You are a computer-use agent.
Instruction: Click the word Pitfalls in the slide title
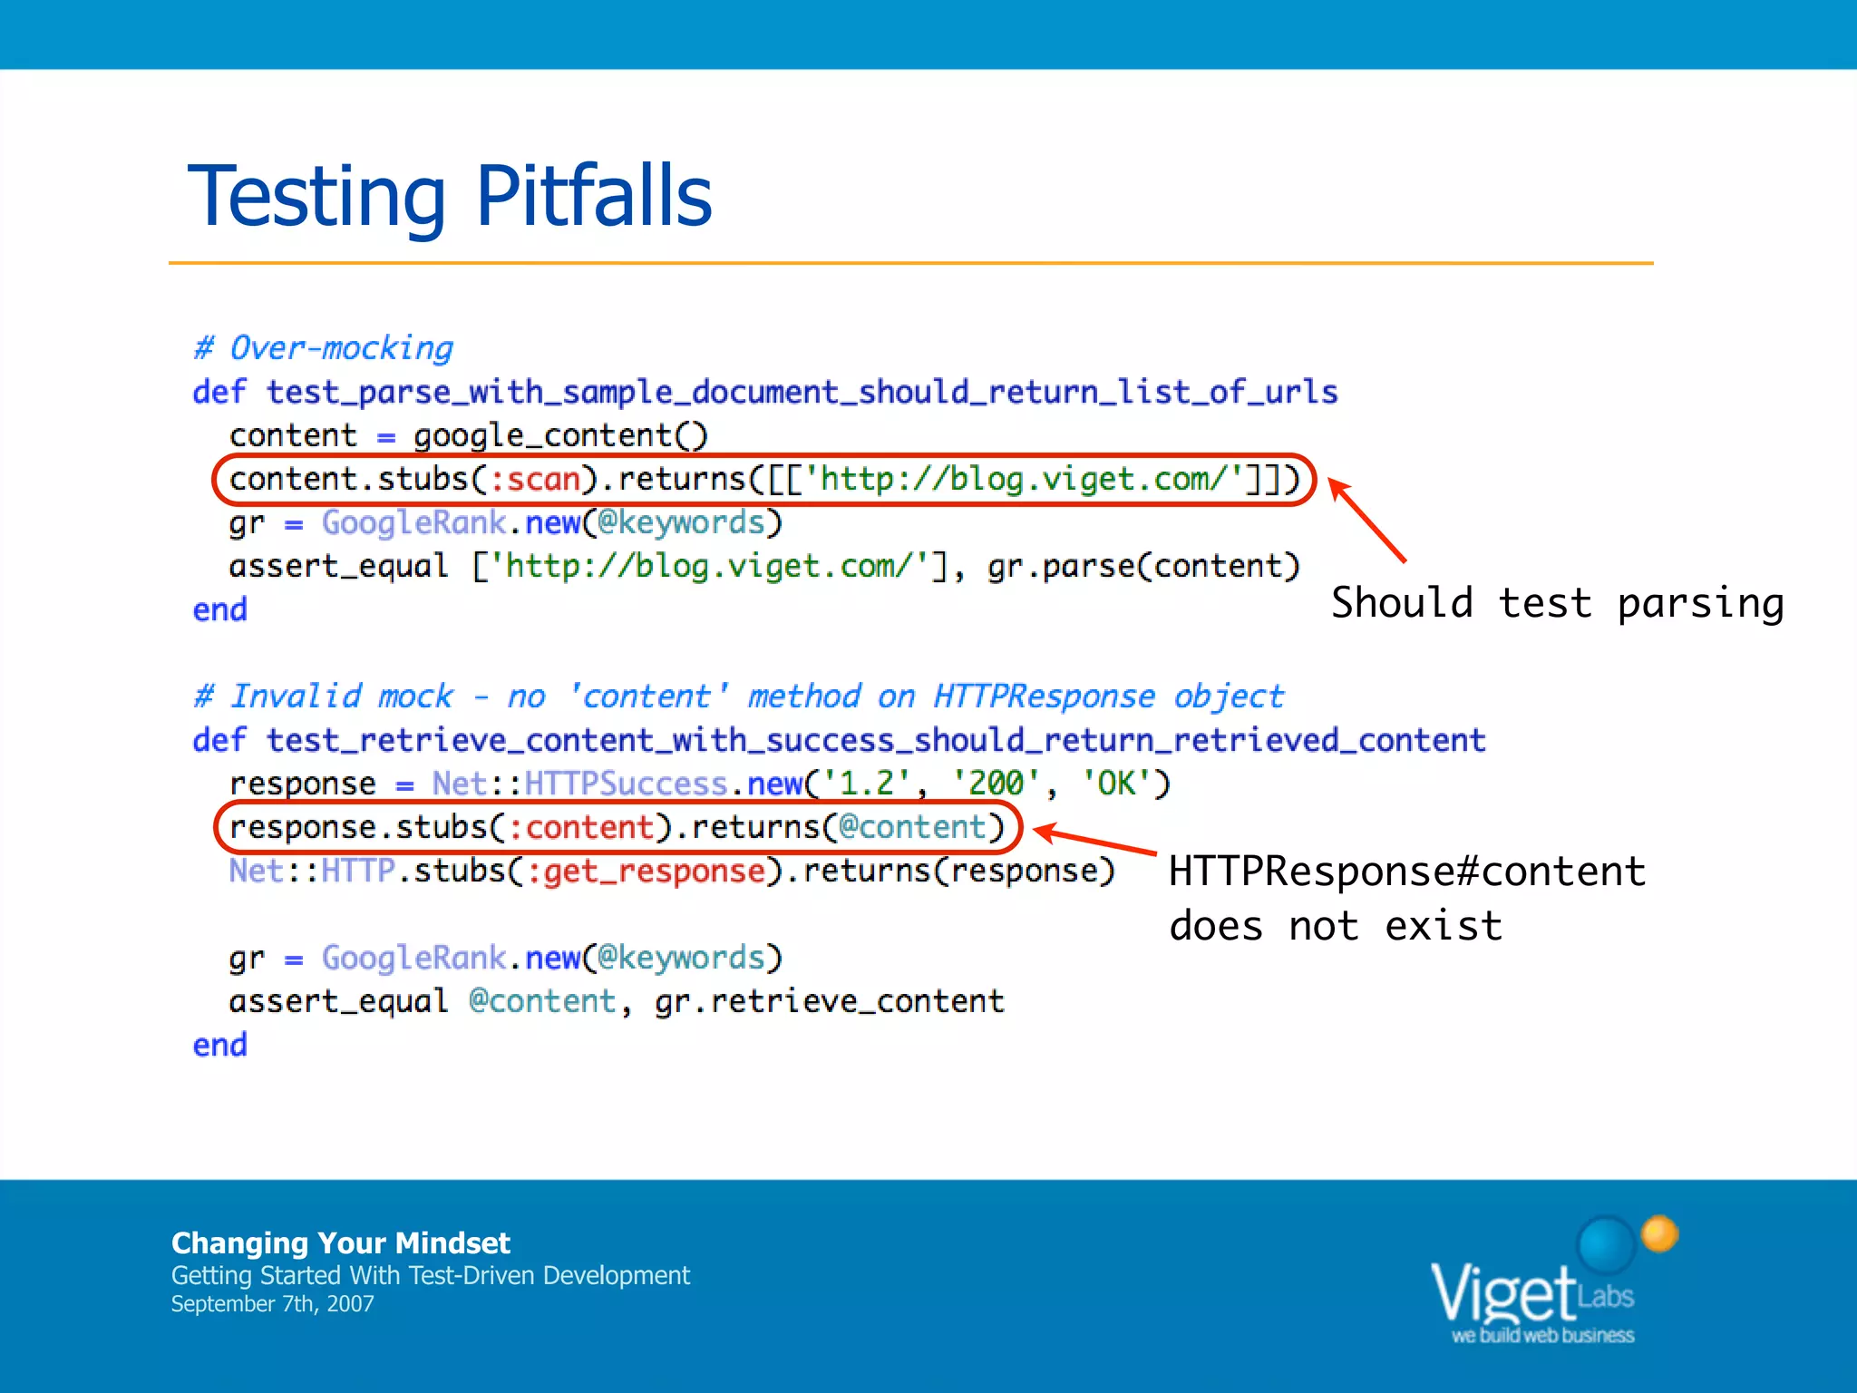594,196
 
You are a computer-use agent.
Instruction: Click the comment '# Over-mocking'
324,348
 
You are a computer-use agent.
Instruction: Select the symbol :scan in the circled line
535,479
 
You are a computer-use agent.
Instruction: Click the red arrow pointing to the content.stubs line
1367,521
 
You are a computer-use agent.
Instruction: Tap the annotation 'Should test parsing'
1557,604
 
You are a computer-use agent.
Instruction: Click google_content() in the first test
560,435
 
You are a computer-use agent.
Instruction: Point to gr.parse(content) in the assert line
1143,566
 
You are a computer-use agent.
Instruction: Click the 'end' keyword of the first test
220,609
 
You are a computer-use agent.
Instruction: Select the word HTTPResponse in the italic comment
1044,696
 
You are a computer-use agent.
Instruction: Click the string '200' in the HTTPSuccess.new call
997,783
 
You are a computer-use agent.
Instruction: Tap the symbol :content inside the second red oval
580,827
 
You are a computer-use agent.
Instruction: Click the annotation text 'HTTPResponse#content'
1407,872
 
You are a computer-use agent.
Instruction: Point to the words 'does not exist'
1335,927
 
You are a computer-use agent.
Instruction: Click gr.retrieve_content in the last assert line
829,1001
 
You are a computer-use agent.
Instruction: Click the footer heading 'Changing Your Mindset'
341,1242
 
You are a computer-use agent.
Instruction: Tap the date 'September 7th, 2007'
272,1304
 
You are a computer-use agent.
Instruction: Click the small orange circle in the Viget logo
1659,1233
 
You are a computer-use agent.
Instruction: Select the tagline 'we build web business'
1542,1335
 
